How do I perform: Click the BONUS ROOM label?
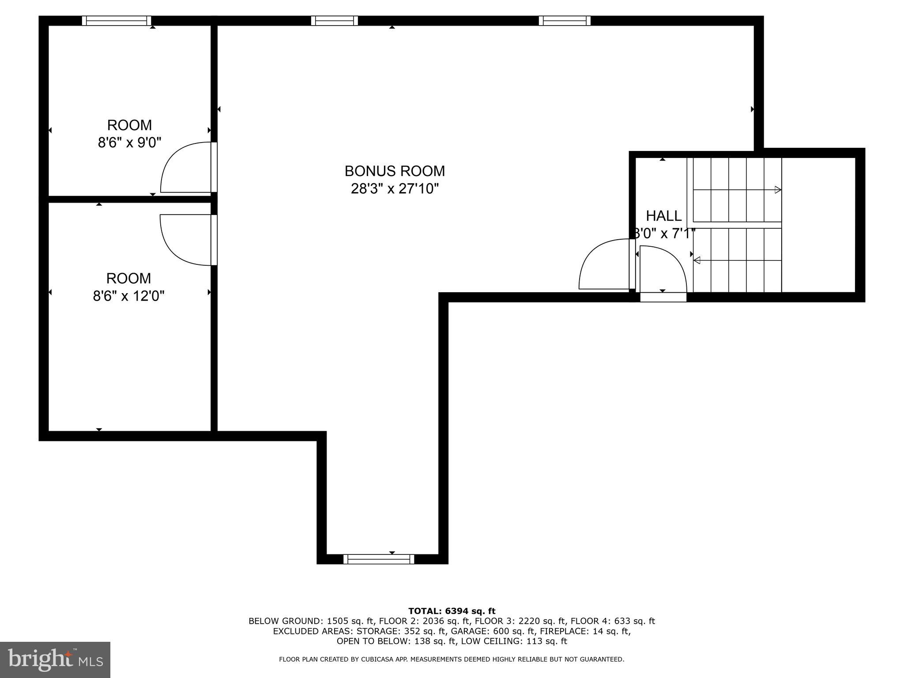coord(395,171)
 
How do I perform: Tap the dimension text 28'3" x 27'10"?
coord(395,189)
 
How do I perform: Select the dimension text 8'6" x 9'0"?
coord(129,143)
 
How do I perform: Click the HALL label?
coord(663,216)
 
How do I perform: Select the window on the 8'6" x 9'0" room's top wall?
coord(117,21)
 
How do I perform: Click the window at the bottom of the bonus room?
coord(379,559)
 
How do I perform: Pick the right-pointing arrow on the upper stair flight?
coord(778,190)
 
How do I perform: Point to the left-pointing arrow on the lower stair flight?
coord(697,260)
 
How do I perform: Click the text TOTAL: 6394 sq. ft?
coord(452,611)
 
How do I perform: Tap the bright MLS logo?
coord(55,660)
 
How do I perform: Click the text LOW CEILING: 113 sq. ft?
coord(514,641)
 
